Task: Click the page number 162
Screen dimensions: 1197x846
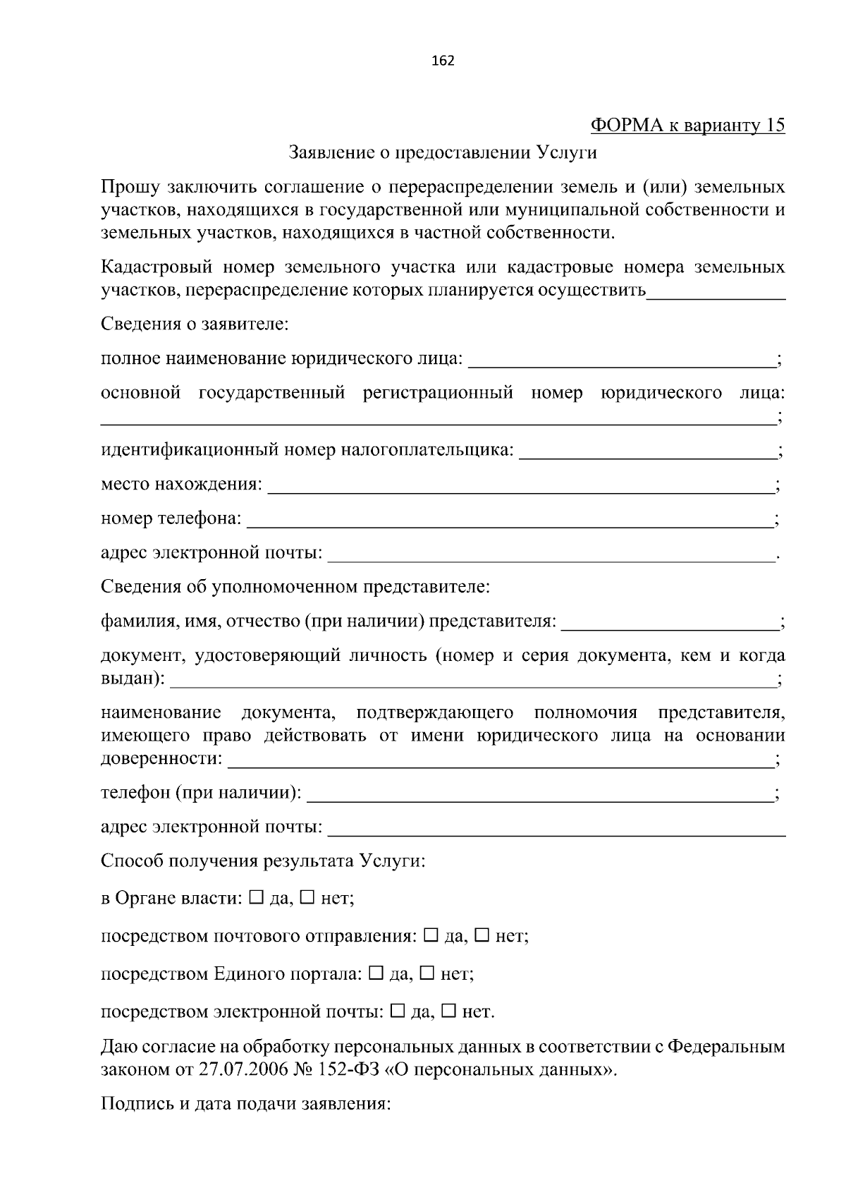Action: pos(443,61)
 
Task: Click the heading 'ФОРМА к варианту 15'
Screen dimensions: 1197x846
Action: pos(687,126)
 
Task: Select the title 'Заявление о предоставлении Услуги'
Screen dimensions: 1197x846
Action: pos(443,152)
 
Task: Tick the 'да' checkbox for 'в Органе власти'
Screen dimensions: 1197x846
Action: pos(256,898)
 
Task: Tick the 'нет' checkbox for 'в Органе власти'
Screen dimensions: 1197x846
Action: pos(307,898)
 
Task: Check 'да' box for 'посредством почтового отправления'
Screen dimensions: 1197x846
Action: pos(431,936)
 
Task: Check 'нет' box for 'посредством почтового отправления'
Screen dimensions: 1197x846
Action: pos(482,936)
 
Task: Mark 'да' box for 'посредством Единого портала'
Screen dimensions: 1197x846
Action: pos(376,974)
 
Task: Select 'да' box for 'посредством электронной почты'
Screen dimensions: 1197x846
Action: pos(397,1012)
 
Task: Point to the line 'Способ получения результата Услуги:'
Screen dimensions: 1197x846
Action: pos(263,861)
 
